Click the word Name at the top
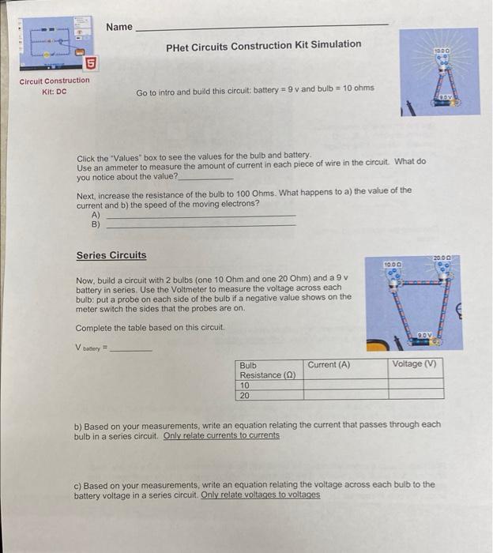click(119, 27)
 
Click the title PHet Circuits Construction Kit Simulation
click(264, 45)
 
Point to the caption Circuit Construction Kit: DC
click(55, 85)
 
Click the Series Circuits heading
click(111, 255)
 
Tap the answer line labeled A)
click(201, 214)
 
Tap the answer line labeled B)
click(201, 224)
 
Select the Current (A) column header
click(329, 364)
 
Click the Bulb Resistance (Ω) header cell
click(268, 370)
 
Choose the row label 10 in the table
click(245, 385)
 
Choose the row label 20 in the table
click(245, 394)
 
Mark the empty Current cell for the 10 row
click(344, 385)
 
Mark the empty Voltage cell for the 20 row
click(415, 394)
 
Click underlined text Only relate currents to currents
click(221, 435)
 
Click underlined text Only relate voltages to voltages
click(261, 495)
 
